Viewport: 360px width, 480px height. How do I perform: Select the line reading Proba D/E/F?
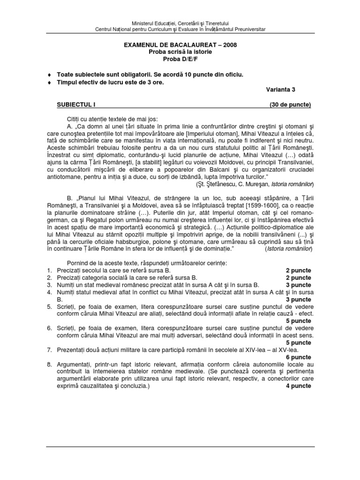pos(180,59)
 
